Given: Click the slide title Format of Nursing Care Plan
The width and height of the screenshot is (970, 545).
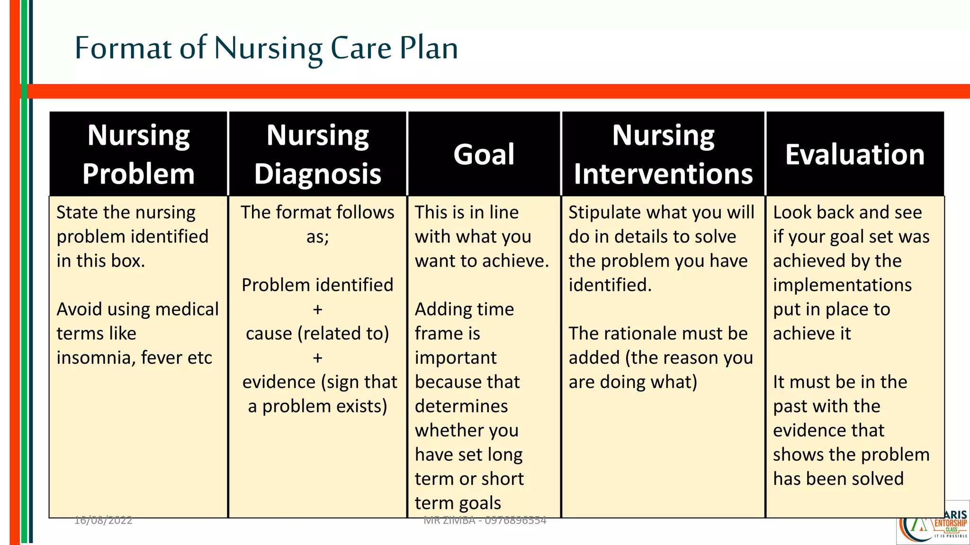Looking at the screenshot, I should [266, 48].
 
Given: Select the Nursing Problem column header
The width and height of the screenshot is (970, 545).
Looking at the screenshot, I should [138, 154].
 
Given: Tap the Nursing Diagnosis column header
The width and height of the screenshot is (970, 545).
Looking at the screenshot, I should [317, 154].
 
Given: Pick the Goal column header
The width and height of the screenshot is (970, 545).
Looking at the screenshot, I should [484, 154].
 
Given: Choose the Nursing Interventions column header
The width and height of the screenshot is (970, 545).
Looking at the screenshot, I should [663, 154].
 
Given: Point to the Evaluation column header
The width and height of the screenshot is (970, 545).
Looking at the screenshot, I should [855, 154].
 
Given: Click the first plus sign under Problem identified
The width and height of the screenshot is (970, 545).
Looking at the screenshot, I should [317, 309].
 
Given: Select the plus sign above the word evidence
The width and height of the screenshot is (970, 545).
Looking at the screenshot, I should [317, 358].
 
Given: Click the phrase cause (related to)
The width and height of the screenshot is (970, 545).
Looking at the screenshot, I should [317, 334].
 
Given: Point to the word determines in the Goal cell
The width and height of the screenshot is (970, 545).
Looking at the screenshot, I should [461, 406].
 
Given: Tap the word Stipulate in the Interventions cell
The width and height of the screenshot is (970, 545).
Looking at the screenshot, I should [601, 212].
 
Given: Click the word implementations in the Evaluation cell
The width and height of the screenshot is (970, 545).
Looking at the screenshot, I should [842, 285].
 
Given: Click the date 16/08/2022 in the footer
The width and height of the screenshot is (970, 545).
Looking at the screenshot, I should [103, 520].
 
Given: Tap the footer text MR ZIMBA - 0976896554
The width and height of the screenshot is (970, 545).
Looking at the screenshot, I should [485, 520].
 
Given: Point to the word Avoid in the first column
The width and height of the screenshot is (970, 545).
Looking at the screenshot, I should [79, 309].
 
